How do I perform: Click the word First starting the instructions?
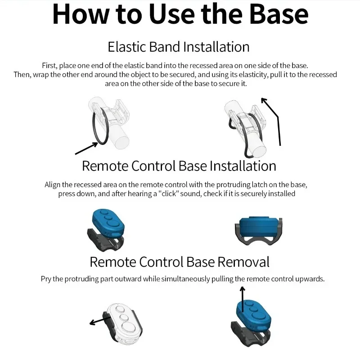pos(49,66)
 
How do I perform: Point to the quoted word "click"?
pos(168,193)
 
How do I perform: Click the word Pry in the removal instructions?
pos(46,279)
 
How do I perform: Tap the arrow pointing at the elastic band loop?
pos(86,148)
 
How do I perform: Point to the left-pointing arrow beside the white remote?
pos(100,320)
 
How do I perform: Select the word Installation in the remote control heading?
pos(243,166)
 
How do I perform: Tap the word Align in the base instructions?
pos(52,185)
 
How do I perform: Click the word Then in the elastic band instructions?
pos(22,75)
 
